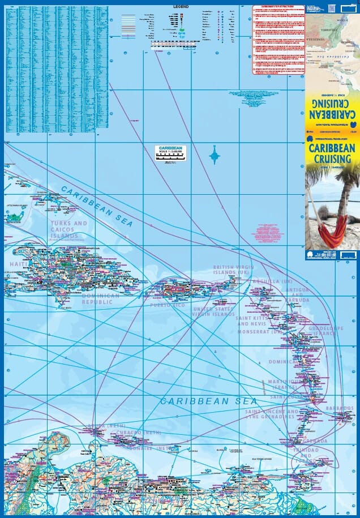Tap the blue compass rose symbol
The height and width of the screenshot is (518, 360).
click(215, 155)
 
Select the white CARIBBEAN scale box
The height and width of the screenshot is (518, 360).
click(170, 153)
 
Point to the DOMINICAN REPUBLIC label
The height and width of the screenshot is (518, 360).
click(101, 298)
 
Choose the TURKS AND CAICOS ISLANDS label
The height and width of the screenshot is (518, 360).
click(69, 229)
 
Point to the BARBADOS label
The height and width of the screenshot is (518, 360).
click(339, 408)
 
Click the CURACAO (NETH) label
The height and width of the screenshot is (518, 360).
click(131, 433)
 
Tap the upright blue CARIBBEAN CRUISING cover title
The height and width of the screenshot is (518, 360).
click(332, 154)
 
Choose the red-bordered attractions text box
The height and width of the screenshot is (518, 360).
click(278, 39)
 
